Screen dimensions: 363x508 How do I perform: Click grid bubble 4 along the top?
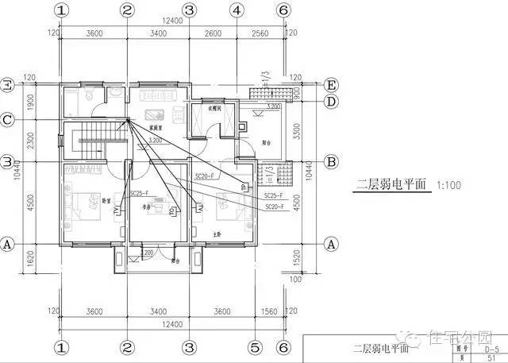click(x=236, y=10)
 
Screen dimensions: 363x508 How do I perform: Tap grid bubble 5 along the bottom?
click(x=255, y=347)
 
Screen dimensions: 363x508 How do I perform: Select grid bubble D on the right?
click(x=332, y=101)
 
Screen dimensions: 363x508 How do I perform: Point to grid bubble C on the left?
click(x=7, y=120)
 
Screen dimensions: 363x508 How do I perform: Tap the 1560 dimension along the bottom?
click(x=268, y=311)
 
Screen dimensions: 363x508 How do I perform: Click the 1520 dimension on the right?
click(x=297, y=257)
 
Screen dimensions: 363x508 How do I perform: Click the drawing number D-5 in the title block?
click(x=491, y=348)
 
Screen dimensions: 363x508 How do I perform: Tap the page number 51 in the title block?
click(x=491, y=358)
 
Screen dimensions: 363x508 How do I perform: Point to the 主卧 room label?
click(x=217, y=234)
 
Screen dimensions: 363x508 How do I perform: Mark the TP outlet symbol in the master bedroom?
click(x=244, y=187)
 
